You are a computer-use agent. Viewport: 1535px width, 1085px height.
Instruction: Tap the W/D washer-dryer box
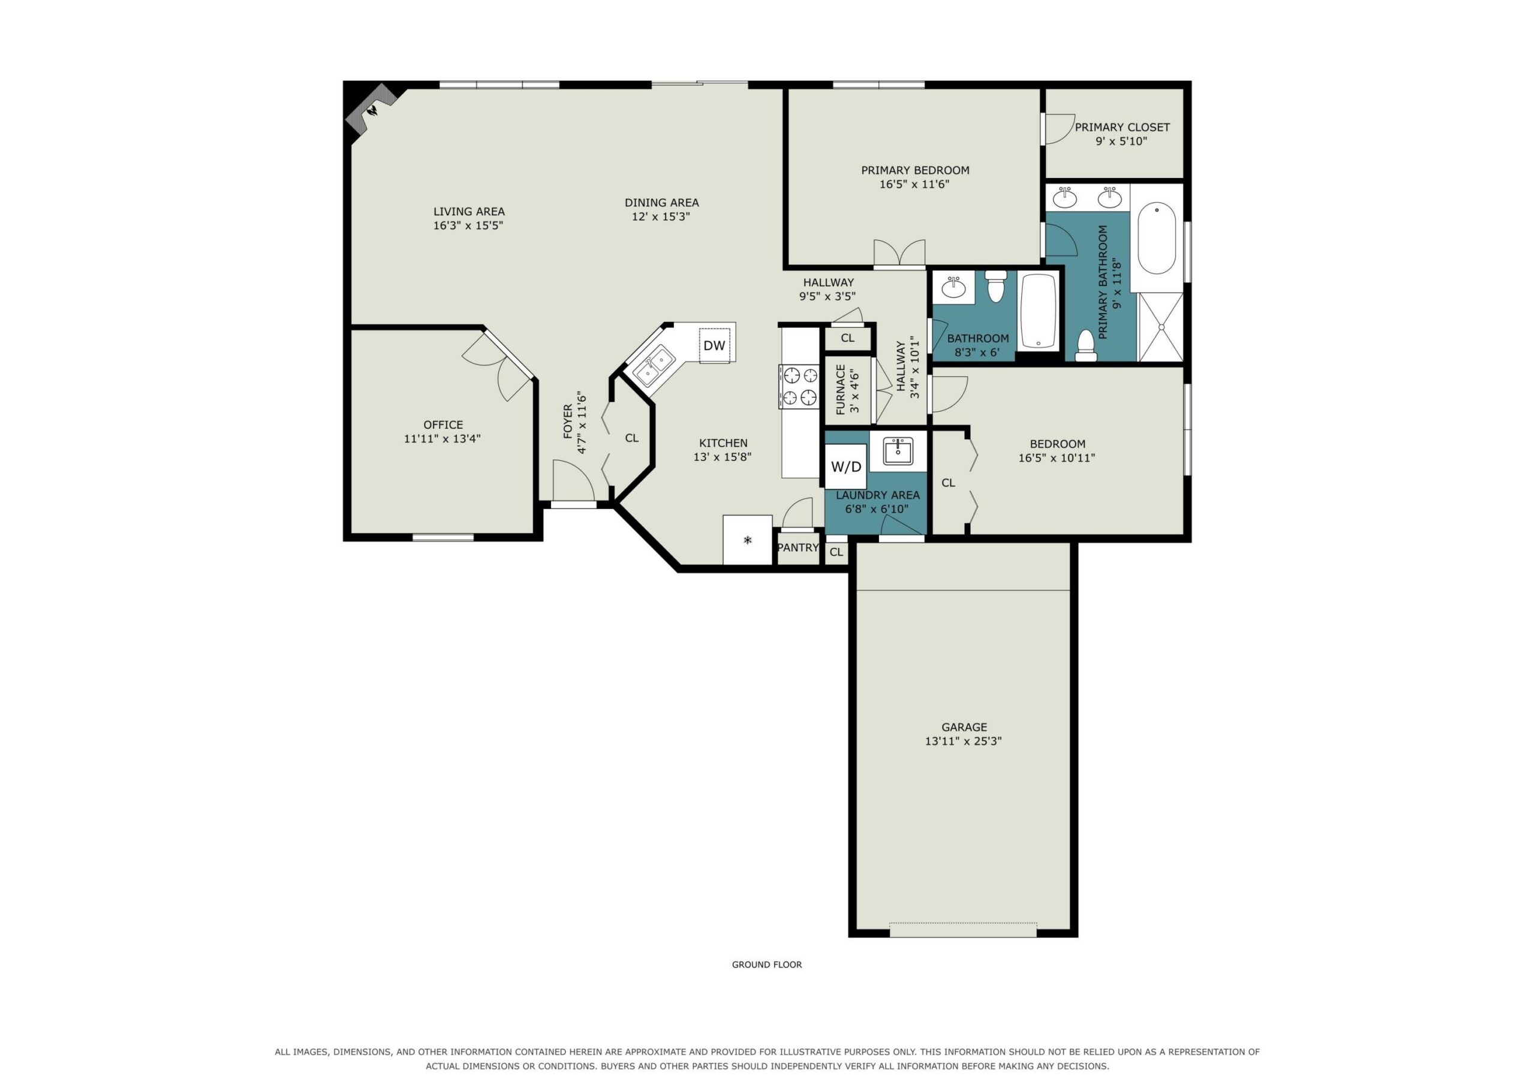click(x=845, y=466)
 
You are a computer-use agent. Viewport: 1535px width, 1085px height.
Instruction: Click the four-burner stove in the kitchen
click(x=799, y=387)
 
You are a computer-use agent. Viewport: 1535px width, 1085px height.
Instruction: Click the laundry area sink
click(x=898, y=451)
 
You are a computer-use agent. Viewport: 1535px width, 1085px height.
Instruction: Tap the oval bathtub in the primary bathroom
click(x=1157, y=239)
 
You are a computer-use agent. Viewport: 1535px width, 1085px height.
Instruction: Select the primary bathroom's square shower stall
click(x=1161, y=327)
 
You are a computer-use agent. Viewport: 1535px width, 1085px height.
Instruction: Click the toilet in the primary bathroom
click(x=1085, y=346)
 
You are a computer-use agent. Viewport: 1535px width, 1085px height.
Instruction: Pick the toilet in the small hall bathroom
click(x=996, y=285)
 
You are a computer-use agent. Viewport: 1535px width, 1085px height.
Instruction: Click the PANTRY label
click(x=797, y=547)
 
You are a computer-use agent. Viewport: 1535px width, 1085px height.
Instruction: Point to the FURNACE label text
click(x=841, y=390)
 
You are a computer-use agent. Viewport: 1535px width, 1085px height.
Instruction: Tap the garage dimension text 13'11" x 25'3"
click(x=964, y=742)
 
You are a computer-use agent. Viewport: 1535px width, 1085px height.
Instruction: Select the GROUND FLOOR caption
click(x=767, y=965)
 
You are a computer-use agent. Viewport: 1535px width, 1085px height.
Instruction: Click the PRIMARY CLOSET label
click(x=1122, y=127)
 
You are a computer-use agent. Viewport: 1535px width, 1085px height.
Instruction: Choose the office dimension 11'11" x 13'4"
click(x=443, y=439)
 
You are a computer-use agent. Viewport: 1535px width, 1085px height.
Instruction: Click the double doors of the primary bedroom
click(x=899, y=254)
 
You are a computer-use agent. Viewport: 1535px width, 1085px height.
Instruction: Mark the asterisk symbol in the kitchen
click(x=748, y=540)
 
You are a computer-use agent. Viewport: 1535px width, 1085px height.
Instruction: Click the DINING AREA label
click(x=662, y=203)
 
